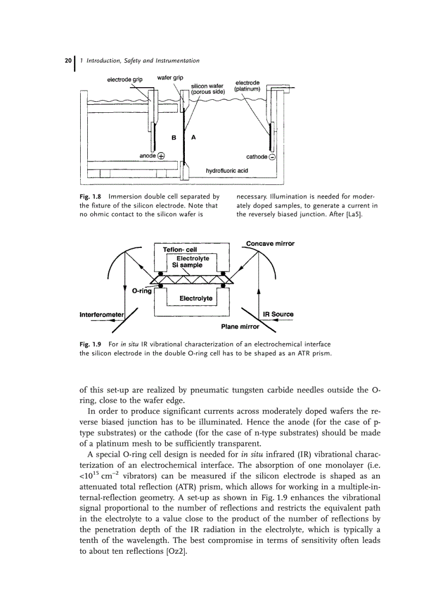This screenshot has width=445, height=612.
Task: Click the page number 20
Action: click(x=68, y=60)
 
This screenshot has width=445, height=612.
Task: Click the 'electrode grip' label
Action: click(x=124, y=80)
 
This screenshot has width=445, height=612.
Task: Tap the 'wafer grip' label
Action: click(x=170, y=77)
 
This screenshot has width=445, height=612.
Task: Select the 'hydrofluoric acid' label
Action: click(x=226, y=171)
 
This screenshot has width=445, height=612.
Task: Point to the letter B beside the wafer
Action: click(x=174, y=138)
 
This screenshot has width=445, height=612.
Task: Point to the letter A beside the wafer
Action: click(x=194, y=137)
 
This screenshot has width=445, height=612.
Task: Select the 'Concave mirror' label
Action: click(x=270, y=244)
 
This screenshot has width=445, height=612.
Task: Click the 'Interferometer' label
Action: click(x=102, y=314)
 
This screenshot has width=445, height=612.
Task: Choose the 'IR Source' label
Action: click(x=278, y=314)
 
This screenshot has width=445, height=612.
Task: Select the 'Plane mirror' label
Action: click(x=240, y=327)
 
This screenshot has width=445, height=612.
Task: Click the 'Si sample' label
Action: click(x=187, y=265)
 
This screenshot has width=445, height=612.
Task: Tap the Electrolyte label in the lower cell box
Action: click(x=196, y=298)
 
